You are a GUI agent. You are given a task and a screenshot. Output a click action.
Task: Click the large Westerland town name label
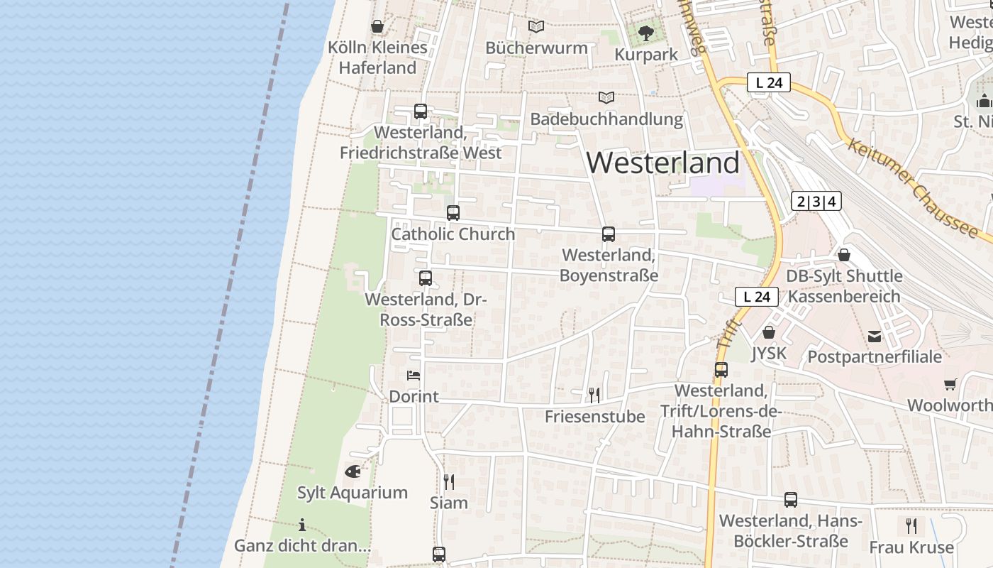[x=662, y=163]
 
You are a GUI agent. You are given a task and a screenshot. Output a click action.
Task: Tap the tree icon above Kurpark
[x=645, y=33]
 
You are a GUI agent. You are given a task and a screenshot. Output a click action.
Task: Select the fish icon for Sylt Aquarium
[x=353, y=471]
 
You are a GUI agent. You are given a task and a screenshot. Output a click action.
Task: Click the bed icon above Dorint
[x=414, y=375]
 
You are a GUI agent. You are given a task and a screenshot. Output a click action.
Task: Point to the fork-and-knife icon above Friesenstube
[x=594, y=395]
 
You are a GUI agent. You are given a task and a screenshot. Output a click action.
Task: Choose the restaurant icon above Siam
[x=448, y=482]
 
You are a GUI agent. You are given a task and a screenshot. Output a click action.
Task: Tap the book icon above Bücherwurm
[x=536, y=26]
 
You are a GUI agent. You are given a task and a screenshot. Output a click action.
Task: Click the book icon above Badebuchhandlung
[x=606, y=97]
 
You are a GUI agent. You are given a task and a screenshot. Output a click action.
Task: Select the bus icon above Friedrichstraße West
[x=421, y=111]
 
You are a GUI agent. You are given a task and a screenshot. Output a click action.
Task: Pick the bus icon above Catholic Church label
[x=453, y=212]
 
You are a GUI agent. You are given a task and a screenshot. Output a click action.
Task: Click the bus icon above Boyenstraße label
[x=608, y=234]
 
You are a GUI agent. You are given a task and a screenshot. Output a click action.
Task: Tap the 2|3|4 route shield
[x=816, y=202]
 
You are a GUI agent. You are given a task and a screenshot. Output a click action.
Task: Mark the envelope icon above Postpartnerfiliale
[x=875, y=336]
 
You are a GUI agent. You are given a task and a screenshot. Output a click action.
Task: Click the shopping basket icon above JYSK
[x=768, y=332]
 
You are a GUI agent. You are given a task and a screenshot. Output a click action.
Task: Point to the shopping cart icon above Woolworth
[x=950, y=384]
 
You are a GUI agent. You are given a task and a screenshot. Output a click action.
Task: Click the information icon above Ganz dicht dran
[x=302, y=525]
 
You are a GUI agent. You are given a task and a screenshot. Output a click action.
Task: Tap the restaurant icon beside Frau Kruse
[x=911, y=526]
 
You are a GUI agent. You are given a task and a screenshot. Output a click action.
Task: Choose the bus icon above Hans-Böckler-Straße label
[x=791, y=499]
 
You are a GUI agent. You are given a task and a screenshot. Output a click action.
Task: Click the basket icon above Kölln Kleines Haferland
[x=377, y=26]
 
